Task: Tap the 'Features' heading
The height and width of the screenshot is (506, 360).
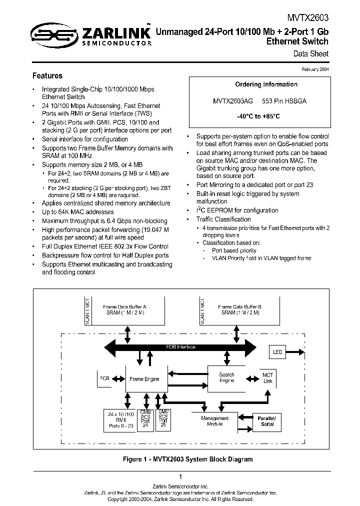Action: pos(47,76)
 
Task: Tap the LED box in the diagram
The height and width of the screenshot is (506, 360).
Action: pos(277,352)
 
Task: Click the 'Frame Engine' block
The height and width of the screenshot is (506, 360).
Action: pos(144,379)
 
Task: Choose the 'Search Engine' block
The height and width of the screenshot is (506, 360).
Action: pos(226,377)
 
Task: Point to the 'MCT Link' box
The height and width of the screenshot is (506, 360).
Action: pos(268,378)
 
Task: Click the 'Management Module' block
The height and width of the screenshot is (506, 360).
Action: pos(214,421)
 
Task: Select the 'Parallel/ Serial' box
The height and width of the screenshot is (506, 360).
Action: pos(267,420)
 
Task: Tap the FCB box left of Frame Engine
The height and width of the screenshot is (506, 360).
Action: pos(104,378)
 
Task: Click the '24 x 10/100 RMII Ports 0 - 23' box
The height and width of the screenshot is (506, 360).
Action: pos(121,420)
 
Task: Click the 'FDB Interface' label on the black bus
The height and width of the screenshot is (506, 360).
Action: pos(180,347)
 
